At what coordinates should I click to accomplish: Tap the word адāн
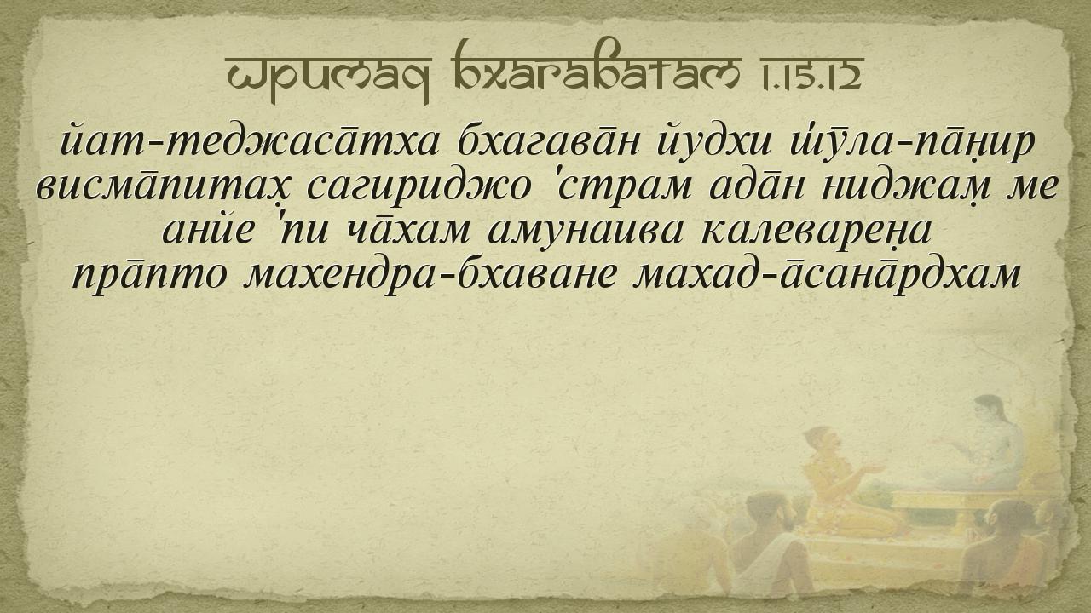point(753,187)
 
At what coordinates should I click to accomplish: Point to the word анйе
point(209,230)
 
